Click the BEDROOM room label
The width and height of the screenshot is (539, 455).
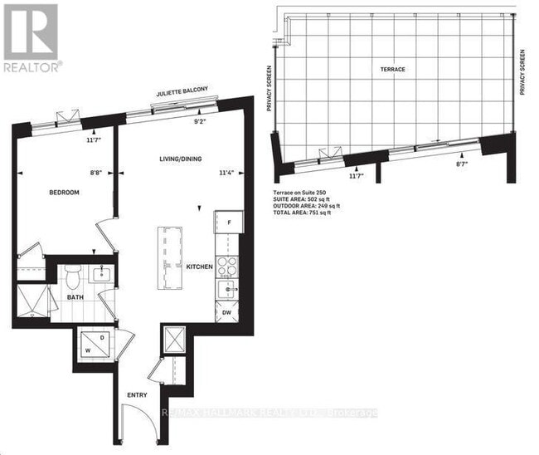[64, 193]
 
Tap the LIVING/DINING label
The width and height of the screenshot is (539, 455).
[182, 159]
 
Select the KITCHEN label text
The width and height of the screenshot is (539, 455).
[200, 267]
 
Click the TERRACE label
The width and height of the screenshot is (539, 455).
[393, 69]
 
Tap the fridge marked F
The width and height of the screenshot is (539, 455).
[228, 223]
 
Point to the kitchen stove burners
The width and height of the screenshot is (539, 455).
[227, 267]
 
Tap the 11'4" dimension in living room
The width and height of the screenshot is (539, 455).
[226, 174]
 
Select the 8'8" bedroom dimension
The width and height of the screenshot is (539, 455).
[97, 174]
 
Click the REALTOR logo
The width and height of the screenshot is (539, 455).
[32, 37]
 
